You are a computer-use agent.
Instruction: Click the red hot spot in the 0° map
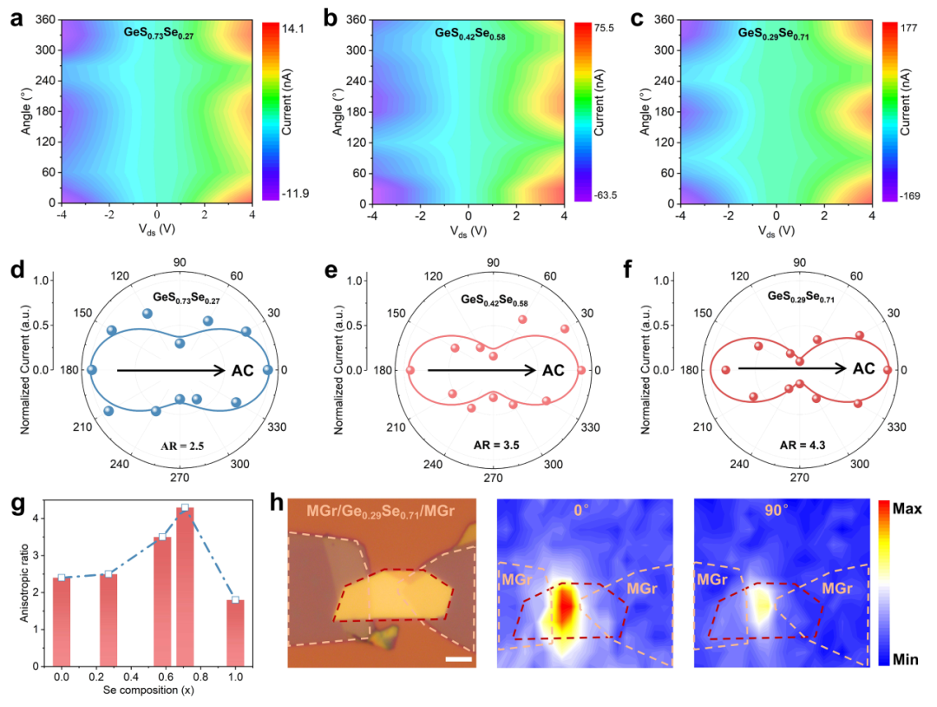[565, 608]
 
